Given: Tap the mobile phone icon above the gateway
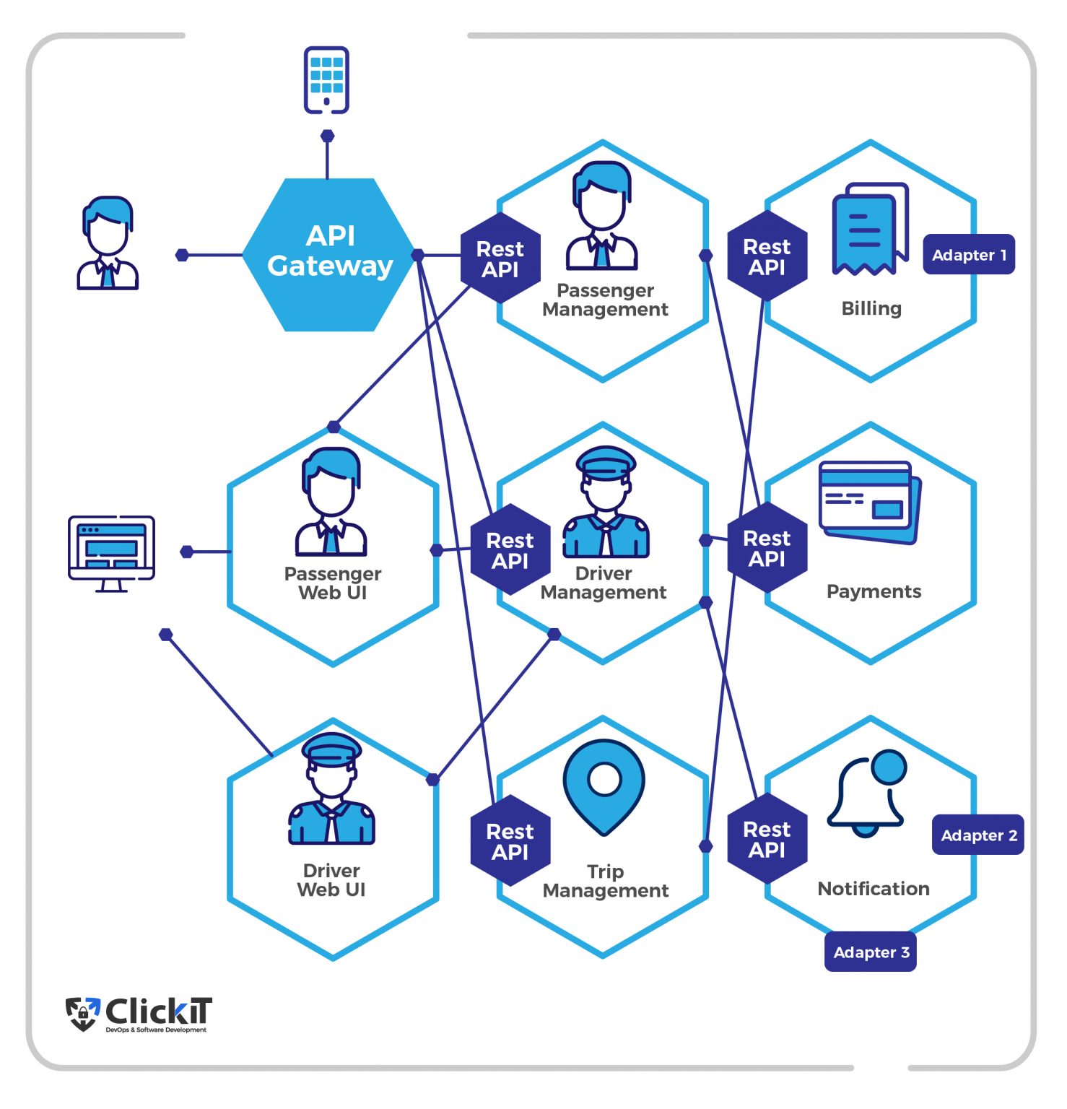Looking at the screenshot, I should pyautogui.click(x=326, y=80).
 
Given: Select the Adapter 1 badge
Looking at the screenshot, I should pyautogui.click(x=968, y=255).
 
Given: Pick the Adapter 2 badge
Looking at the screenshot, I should pyautogui.click(x=978, y=835).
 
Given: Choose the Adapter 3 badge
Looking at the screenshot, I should pyautogui.click(x=871, y=952).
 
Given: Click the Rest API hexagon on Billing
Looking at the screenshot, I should pyautogui.click(x=767, y=256).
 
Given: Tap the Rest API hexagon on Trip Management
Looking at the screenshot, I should pyautogui.click(x=510, y=841).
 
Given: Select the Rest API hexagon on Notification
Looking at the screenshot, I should pyautogui.click(x=767, y=839).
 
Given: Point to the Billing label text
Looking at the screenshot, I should pyautogui.click(x=871, y=308).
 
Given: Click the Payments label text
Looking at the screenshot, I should pyautogui.click(x=874, y=591).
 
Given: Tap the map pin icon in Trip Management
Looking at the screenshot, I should pyautogui.click(x=604, y=787).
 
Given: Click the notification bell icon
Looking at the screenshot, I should pyautogui.click(x=867, y=793).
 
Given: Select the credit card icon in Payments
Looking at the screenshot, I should pyautogui.click(x=870, y=503).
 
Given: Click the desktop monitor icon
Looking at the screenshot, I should pyautogui.click(x=111, y=553).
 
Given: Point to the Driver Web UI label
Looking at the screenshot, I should pyautogui.click(x=331, y=880).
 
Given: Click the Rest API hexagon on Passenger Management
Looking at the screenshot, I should pyautogui.click(x=500, y=258).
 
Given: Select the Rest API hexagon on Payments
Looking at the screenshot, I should pyautogui.click(x=767, y=548).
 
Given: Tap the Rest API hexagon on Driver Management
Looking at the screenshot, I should pyautogui.click(x=510, y=550).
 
